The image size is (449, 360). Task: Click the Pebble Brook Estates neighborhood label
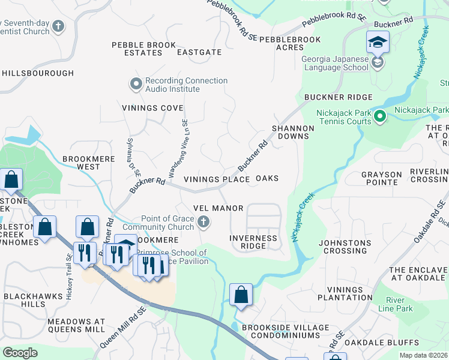pyautogui.click(x=144, y=49)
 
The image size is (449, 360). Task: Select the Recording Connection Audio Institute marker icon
pyautogui.click(x=136, y=85)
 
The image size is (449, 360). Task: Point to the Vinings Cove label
pyautogui.click(x=152, y=108)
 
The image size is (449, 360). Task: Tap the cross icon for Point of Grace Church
pyautogui.click(x=203, y=223)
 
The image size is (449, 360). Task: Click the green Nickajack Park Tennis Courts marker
pyautogui.click(x=379, y=115)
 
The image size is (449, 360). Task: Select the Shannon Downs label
pyautogui.click(x=293, y=132)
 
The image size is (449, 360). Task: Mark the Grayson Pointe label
pyautogui.click(x=381, y=179)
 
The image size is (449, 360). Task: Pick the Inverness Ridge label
pyautogui.click(x=254, y=242)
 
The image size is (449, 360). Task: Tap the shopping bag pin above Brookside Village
pyautogui.click(x=241, y=295)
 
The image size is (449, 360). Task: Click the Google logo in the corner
pyautogui.click(x=20, y=353)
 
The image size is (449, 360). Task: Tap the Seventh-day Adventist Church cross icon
pyautogui.click(x=58, y=26)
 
